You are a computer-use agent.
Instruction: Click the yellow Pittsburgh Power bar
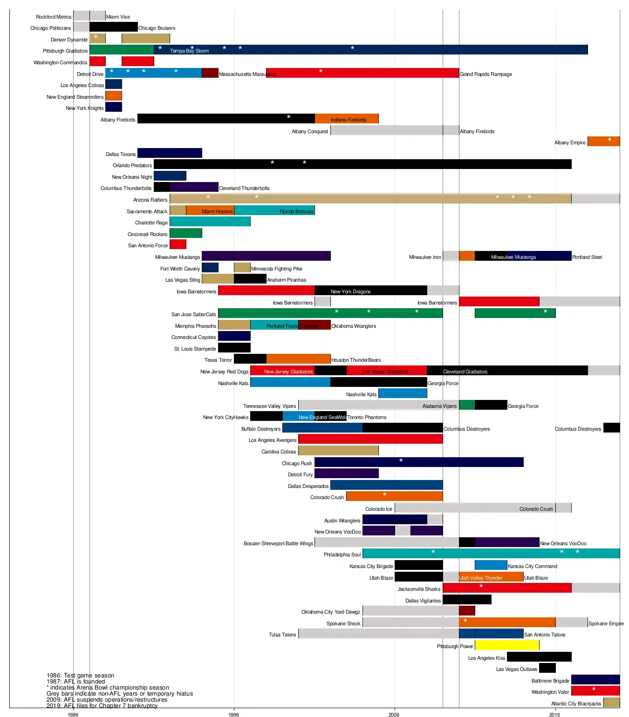click(x=507, y=645)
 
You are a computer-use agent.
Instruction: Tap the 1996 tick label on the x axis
click(x=234, y=714)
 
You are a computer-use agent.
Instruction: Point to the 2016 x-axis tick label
click(x=554, y=714)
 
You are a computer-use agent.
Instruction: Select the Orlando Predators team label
click(x=132, y=165)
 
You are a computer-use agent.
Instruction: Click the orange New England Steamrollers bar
click(x=114, y=96)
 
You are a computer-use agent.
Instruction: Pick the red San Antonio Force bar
click(x=178, y=244)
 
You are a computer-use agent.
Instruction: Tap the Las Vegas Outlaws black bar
click(x=547, y=668)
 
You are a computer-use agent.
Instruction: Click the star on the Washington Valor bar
click(x=594, y=690)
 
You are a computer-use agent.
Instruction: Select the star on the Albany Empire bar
click(x=609, y=140)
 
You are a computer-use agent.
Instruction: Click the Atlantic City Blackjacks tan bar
click(x=611, y=703)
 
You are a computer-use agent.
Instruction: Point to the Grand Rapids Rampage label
click(x=486, y=74)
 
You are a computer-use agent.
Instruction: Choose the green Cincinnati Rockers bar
click(x=186, y=233)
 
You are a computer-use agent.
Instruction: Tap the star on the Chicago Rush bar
click(x=401, y=461)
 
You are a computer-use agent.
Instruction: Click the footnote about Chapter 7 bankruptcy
click(x=102, y=706)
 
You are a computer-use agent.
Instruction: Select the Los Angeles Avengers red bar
click(x=370, y=439)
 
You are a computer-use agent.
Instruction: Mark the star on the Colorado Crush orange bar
click(x=384, y=495)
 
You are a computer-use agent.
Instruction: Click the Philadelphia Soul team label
click(x=342, y=555)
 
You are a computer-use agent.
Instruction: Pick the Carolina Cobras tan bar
click(x=338, y=451)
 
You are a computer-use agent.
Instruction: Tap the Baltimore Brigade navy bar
click(x=595, y=680)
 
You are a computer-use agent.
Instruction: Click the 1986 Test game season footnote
click(x=80, y=676)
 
